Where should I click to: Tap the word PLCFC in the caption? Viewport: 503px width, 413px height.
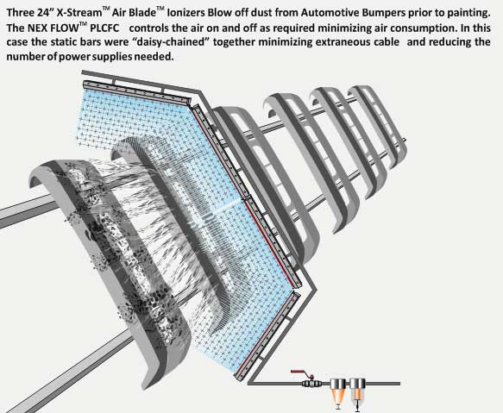coord(104,28)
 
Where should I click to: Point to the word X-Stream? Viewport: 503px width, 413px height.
coord(79,13)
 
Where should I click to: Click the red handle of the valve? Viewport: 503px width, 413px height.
coord(299,372)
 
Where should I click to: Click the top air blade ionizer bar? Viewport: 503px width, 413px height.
coord(137,92)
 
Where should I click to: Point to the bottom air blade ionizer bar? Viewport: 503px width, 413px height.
coord(267,335)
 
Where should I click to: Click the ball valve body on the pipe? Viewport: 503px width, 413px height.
coord(311,383)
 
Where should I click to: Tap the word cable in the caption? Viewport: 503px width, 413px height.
coord(387,42)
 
